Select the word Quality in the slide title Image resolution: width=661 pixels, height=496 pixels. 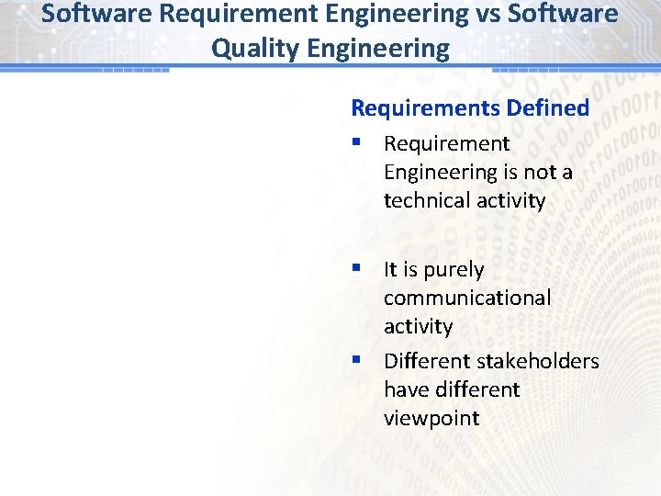249,48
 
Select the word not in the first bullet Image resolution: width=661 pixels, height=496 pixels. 538,172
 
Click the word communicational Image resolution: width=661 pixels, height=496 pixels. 467,298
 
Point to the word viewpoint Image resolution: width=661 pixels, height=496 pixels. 431,418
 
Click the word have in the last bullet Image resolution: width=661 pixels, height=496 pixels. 404,389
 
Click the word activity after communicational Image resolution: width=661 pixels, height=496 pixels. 418,326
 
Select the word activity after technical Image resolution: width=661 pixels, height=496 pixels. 509,200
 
